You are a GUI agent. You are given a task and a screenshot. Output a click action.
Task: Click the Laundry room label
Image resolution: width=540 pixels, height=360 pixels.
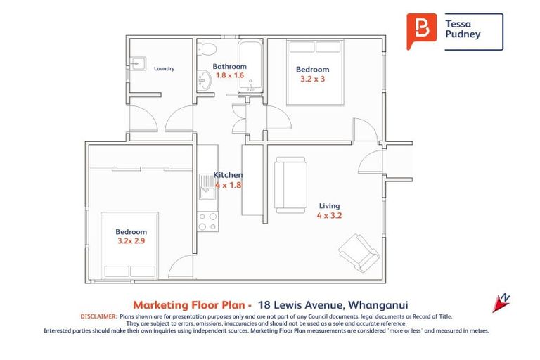click(x=163, y=69)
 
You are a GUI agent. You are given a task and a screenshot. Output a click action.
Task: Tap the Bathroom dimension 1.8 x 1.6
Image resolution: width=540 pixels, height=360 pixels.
click(x=229, y=75)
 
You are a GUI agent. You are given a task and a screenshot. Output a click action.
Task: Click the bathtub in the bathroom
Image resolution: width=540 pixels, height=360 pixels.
click(x=250, y=67)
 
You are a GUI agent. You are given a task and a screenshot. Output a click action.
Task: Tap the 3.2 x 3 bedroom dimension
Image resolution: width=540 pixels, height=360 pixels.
click(x=312, y=79)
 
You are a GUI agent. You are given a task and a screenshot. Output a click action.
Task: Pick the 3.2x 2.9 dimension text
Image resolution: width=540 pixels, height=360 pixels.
click(x=131, y=241)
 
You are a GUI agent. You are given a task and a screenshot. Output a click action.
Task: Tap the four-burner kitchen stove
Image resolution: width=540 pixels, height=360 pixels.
click(x=208, y=222)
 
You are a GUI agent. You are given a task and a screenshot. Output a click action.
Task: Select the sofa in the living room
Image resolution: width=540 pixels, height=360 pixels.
click(x=290, y=184)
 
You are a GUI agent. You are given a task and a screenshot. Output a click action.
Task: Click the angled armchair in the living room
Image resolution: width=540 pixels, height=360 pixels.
click(x=359, y=252)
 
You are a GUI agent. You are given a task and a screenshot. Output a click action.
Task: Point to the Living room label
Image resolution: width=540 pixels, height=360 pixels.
click(x=329, y=206)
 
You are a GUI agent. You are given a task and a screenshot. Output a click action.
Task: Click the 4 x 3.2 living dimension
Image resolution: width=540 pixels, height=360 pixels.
click(x=329, y=216)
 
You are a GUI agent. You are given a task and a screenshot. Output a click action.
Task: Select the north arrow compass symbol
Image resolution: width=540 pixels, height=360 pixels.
click(x=501, y=302)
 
